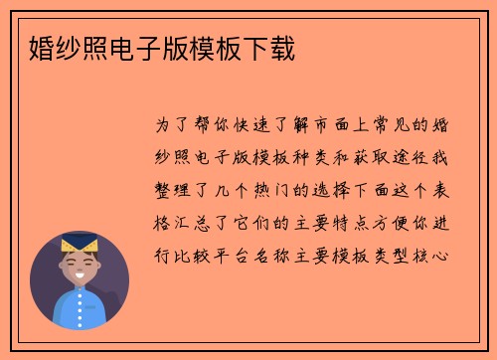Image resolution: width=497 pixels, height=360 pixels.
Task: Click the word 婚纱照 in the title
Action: click(59, 46)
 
